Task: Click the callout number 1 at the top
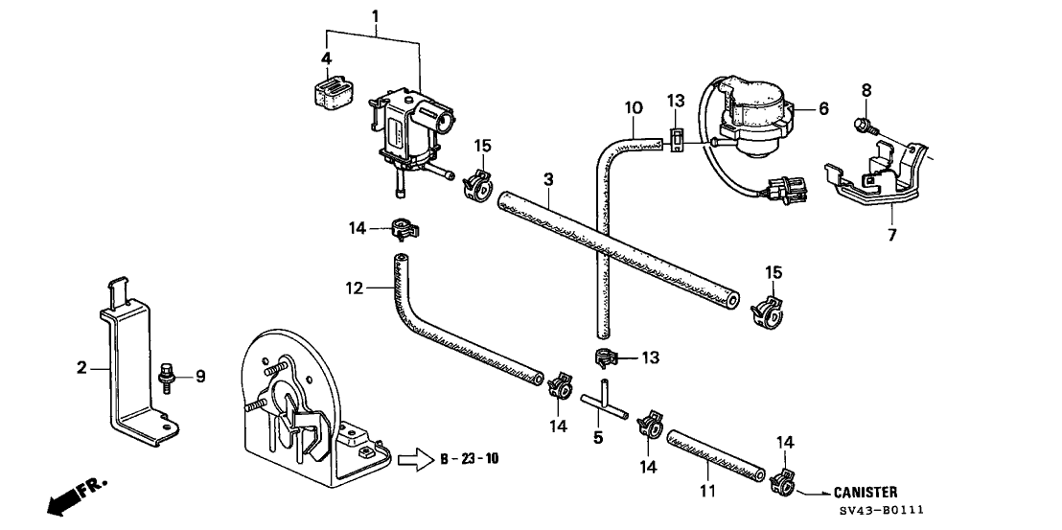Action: (x=375, y=15)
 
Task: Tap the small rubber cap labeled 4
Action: (x=327, y=92)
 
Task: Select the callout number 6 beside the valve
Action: (x=822, y=109)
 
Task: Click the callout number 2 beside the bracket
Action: (x=82, y=367)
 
